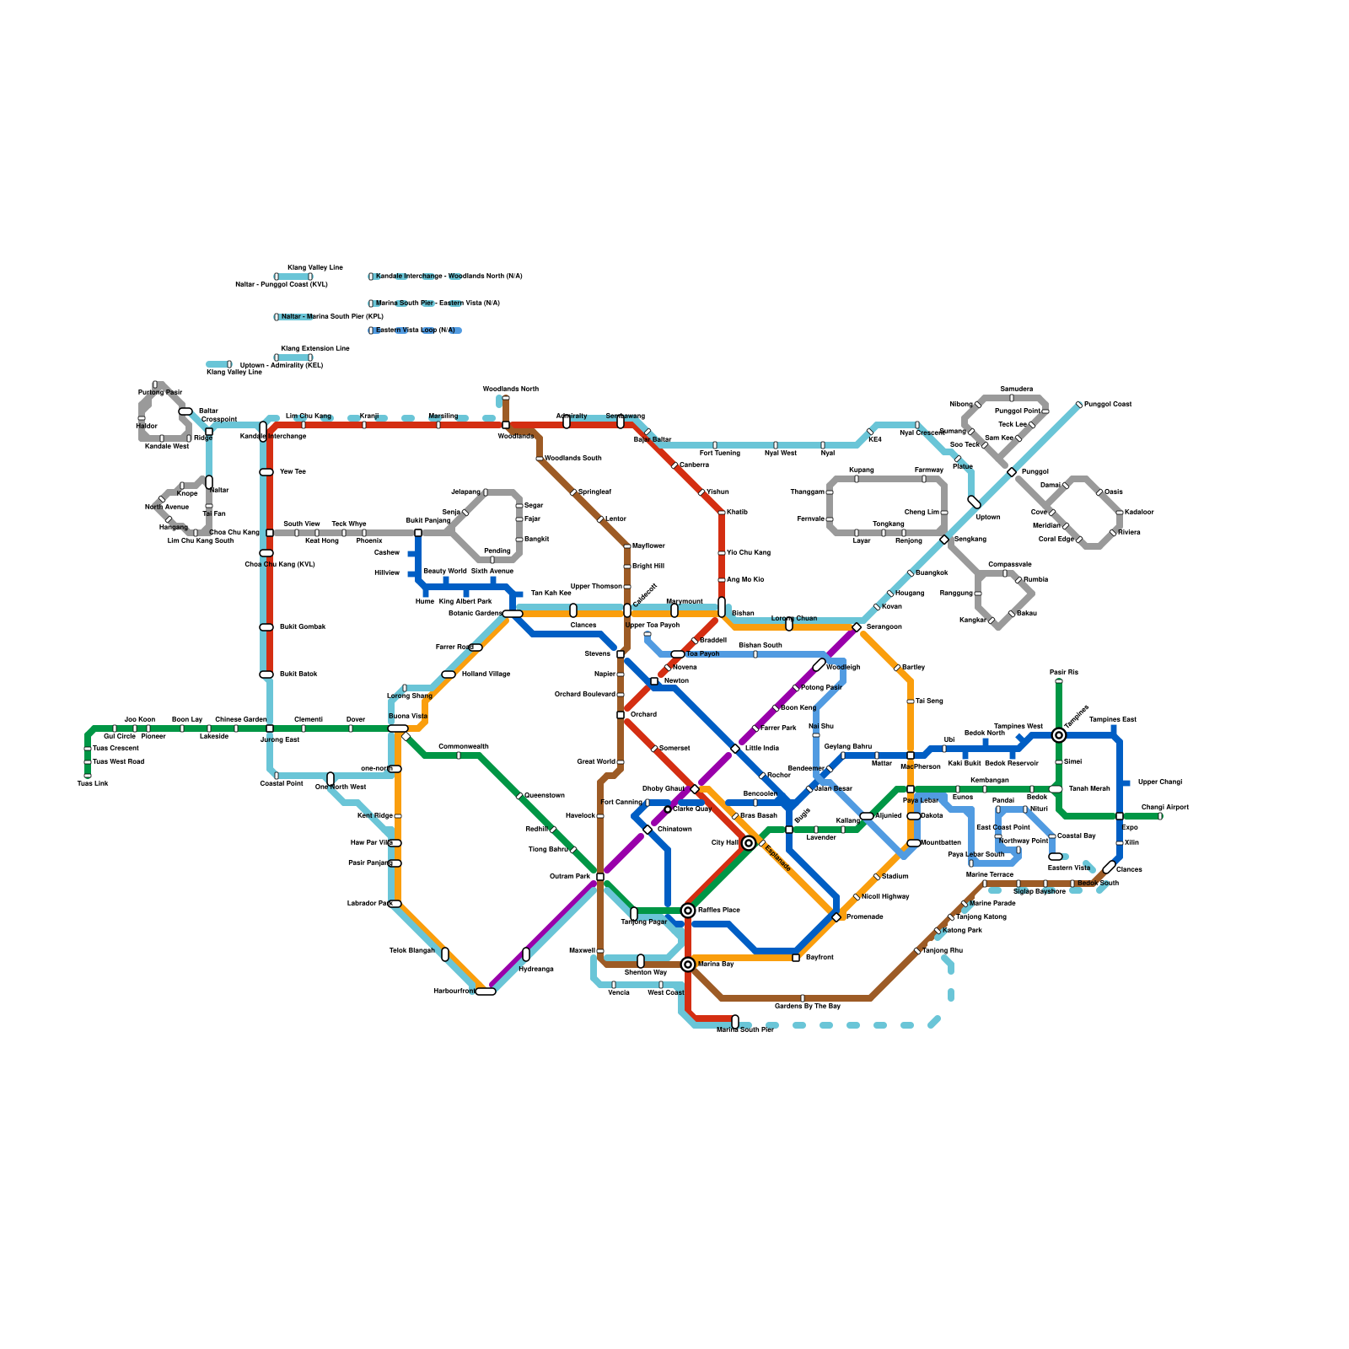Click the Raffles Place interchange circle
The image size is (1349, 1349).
[x=688, y=911]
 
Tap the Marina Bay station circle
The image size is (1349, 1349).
[x=688, y=965]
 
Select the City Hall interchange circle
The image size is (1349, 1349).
[x=749, y=843]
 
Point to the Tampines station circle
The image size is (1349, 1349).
[x=1059, y=735]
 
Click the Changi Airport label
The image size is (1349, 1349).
[x=1164, y=808]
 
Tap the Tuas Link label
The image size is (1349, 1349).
[x=93, y=784]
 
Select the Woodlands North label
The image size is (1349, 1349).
[x=510, y=390]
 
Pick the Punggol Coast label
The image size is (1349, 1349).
[x=1107, y=405]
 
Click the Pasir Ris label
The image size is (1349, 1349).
[x=1064, y=673]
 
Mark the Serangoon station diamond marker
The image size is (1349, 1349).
[x=857, y=627]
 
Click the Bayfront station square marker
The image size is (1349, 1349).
[x=796, y=958]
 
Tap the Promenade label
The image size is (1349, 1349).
[x=864, y=917]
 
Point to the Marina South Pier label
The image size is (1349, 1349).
[x=744, y=1030]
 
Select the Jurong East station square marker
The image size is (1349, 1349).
[x=270, y=728]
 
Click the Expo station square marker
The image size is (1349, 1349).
[x=1120, y=816]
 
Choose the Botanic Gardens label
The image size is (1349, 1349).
[x=475, y=614]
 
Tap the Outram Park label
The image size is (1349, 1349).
[x=571, y=877]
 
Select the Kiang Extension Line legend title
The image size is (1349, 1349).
[x=314, y=348]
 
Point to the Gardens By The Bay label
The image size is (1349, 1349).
[x=807, y=1007]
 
